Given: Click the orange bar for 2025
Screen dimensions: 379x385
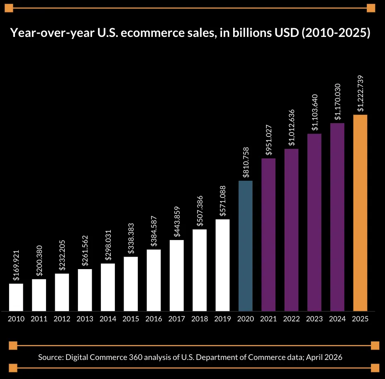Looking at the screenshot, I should tap(360, 213).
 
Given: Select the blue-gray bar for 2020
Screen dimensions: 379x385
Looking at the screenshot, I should tap(246, 245).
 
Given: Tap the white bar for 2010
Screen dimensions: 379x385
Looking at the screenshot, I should tap(16, 297).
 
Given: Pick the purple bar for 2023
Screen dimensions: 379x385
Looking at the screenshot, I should tap(314, 222).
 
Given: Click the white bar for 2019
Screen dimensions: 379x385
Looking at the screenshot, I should tap(222, 265).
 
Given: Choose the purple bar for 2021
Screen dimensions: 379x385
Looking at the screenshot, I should tap(268, 234).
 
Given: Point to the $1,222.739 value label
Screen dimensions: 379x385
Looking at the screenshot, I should tap(361, 93).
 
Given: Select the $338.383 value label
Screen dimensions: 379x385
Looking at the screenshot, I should tap(131, 239).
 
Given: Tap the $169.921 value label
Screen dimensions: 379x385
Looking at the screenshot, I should tap(16, 266).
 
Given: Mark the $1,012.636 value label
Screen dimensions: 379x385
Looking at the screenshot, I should tap(292, 127).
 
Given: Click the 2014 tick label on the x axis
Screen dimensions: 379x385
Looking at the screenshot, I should tap(108, 319).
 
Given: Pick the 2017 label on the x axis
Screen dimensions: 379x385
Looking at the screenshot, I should tap(177, 319).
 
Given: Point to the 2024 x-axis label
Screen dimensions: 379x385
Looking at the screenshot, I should tap(337, 319).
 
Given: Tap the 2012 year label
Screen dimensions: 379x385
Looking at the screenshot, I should tap(62, 319).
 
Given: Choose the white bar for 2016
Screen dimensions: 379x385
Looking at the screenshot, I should tap(154, 280).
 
